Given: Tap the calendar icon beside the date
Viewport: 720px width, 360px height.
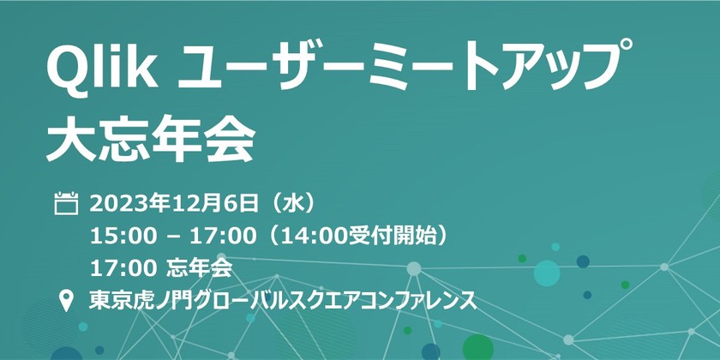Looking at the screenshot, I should pos(66,204).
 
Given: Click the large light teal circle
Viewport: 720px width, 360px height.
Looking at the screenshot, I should pos(547,273).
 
